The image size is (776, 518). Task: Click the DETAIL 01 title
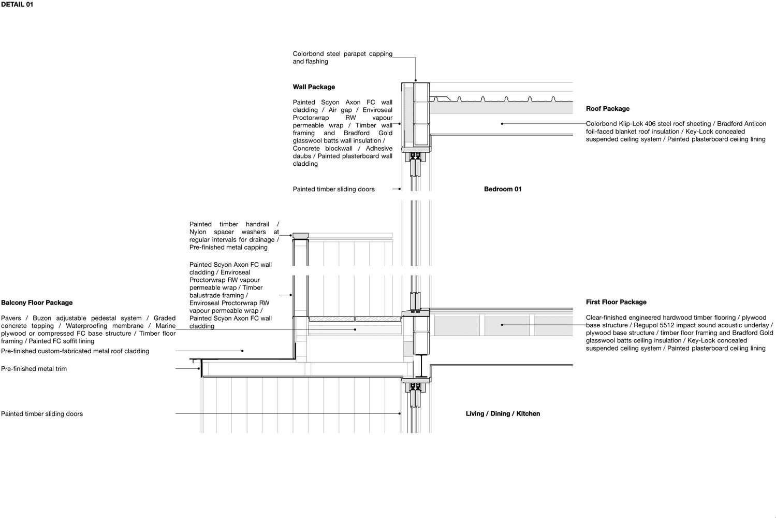pyautogui.click(x=17, y=5)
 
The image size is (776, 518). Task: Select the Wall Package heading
pyautogui.click(x=314, y=87)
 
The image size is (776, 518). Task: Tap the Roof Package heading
pyautogui.click(x=607, y=109)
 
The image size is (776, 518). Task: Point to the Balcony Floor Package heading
pyautogui.click(x=37, y=303)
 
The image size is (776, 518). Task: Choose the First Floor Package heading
pyautogui.click(x=616, y=302)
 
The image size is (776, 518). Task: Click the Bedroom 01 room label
pyautogui.click(x=502, y=189)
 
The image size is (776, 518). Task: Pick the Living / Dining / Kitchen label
pyautogui.click(x=502, y=413)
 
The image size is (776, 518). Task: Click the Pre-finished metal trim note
pyautogui.click(x=34, y=369)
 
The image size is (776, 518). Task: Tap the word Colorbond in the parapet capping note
pyautogui.click(x=308, y=54)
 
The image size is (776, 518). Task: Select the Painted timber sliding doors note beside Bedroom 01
pyautogui.click(x=333, y=189)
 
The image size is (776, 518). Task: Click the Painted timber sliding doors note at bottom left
pyautogui.click(x=42, y=414)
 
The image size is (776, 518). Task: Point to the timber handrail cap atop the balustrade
pyautogui.click(x=301, y=236)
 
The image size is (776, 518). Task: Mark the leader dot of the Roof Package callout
pyautogui.click(x=502, y=124)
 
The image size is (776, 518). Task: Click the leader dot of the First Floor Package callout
pyautogui.click(x=502, y=325)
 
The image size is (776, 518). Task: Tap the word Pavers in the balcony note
pyautogui.click(x=11, y=318)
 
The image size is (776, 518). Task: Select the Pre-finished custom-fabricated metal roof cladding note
pyautogui.click(x=75, y=351)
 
